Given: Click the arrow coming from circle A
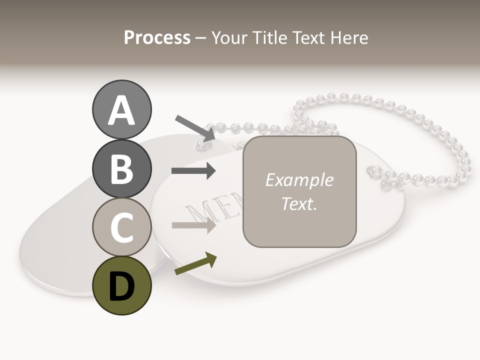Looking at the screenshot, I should coord(195,127).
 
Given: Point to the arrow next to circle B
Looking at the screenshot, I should coord(193,171).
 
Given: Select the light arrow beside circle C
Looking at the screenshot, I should coord(193,225).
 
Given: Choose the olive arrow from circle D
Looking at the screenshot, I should coord(195,263).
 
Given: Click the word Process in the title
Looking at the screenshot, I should coord(157,37).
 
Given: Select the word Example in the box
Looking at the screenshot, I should coord(299,180).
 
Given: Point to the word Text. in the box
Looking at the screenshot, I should coord(299,204).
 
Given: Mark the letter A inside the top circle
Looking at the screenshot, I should coord(121,110).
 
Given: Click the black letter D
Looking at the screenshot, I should coord(121,286).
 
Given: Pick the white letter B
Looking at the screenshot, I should coord(121,169).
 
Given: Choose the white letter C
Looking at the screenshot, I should coord(121,227).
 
